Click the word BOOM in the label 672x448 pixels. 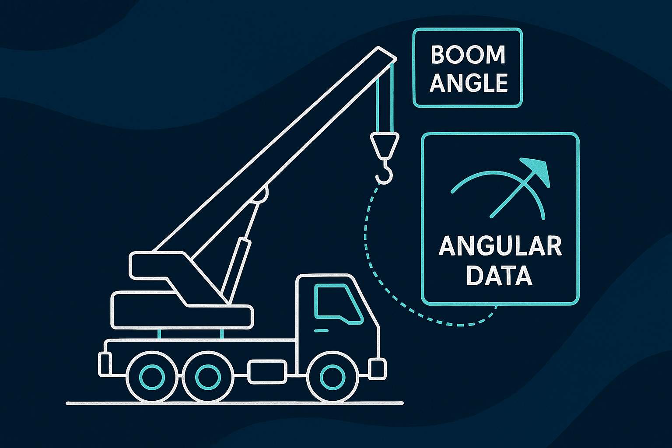[x=468, y=55]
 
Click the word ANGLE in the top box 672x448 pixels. [x=468, y=83]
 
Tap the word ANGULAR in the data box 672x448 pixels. [x=500, y=246]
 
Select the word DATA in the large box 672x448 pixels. [x=499, y=276]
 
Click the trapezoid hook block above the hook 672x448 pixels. [x=385, y=144]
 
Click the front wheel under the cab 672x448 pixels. [x=332, y=377]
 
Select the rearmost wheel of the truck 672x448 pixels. [x=152, y=377]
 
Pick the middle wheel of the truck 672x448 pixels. [x=207, y=377]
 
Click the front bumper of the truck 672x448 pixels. [x=378, y=369]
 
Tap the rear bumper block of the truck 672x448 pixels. [x=104, y=364]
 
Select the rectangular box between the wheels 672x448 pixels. [x=267, y=371]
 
